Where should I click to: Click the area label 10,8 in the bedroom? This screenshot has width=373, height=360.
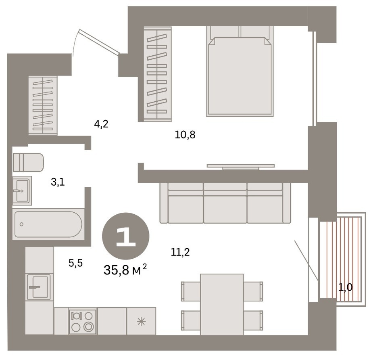[x=185, y=135]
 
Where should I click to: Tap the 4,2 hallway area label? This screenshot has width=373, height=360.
[x=101, y=124]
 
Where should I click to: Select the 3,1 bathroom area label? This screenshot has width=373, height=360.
[x=58, y=182]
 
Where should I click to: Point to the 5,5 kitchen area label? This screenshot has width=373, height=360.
[x=76, y=263]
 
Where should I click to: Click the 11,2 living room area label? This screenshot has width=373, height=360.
[x=180, y=252]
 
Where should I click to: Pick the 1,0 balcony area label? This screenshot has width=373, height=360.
[x=345, y=288]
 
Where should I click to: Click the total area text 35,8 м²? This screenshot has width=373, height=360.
[x=125, y=270]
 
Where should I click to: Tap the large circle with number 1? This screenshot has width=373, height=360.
[x=125, y=236]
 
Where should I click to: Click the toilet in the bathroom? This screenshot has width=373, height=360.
[x=28, y=162]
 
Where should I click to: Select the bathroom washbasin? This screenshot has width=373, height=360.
[x=22, y=190]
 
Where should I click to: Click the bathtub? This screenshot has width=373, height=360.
[x=48, y=224]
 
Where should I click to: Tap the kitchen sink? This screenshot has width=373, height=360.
[x=39, y=287]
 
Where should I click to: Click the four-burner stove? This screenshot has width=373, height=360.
[x=83, y=321]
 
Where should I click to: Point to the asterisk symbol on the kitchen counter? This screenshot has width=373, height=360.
[x=141, y=322]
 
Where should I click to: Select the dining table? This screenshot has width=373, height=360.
[x=222, y=305]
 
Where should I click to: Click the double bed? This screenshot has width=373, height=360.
[x=240, y=71]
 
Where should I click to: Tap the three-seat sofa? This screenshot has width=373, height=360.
[x=225, y=203]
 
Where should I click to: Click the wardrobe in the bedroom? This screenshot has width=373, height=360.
[x=157, y=74]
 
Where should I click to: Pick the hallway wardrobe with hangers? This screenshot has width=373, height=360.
[x=43, y=106]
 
